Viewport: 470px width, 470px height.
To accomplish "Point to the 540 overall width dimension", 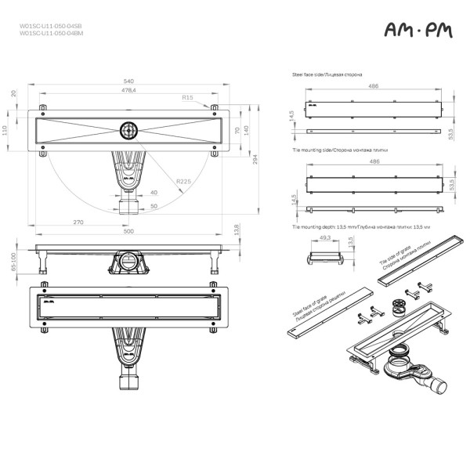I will point(127,81).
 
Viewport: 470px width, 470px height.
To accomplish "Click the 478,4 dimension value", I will point(128,91).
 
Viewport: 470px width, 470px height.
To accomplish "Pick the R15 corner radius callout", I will point(186,98).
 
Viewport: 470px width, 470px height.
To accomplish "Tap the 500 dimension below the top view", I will point(127,232).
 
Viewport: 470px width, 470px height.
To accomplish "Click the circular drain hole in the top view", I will point(128,129).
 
